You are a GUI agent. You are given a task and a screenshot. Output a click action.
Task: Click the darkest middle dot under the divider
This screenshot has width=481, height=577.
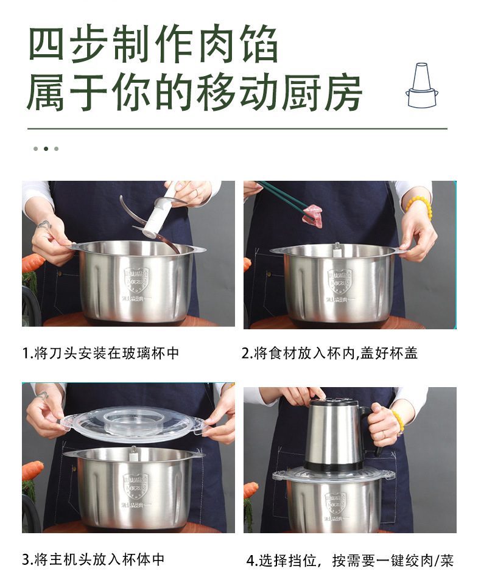pos(46,149)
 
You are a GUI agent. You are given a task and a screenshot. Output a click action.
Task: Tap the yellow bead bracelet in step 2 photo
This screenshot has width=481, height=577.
pos(420,205)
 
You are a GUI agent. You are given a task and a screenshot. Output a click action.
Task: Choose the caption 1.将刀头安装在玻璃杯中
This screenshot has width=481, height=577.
pos(100,353)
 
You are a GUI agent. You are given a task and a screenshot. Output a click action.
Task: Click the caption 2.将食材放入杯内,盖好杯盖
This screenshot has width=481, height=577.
pos(329,353)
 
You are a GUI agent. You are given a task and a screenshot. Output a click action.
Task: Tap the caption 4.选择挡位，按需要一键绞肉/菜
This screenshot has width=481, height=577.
pos(349,561)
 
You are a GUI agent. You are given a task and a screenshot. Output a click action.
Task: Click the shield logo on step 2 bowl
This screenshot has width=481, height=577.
pos(339,281)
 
